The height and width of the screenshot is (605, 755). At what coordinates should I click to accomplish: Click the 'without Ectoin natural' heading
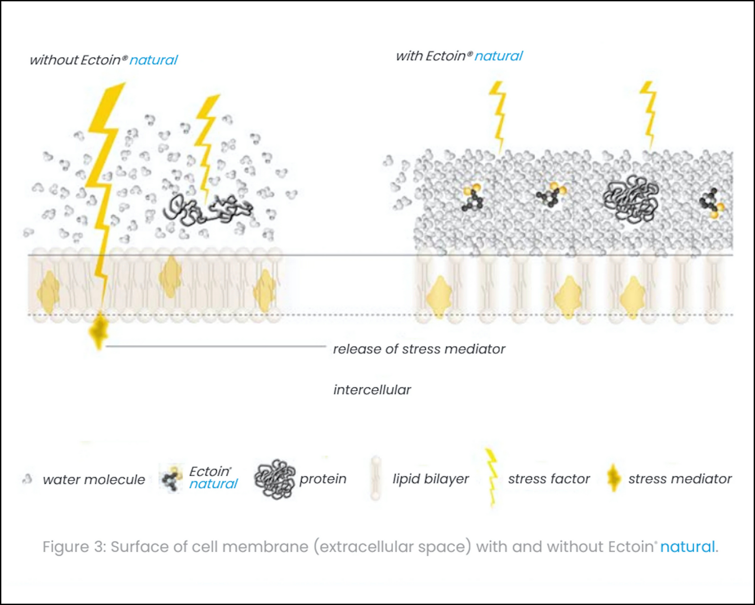104,60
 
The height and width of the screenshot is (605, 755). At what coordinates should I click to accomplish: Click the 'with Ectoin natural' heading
459,56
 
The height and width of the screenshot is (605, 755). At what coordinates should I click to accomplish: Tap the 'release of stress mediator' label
419,349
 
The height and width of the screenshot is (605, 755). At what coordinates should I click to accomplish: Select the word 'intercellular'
372,390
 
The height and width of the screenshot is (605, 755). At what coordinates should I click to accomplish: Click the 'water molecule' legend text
94,480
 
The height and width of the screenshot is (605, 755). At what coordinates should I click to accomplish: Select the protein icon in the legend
274,479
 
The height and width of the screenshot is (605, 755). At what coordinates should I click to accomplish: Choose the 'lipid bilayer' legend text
431,479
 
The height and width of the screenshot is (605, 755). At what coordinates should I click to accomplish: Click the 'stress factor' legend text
549,479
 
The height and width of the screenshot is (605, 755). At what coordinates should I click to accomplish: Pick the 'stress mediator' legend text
680,479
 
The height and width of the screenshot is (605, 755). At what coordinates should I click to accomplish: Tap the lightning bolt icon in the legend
491,478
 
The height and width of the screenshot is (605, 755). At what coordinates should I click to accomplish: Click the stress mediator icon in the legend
613,478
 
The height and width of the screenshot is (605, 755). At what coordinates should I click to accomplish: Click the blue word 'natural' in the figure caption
687,547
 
